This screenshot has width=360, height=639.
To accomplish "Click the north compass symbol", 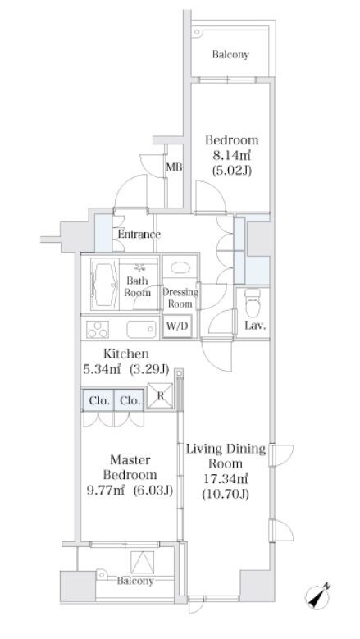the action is (x=319, y=596).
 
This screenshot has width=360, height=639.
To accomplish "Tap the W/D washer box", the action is (x=179, y=326).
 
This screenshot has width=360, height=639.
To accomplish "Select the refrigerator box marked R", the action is (x=160, y=395).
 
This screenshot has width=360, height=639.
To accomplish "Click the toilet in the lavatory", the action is (x=253, y=303).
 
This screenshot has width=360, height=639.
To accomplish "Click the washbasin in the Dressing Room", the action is (x=180, y=267).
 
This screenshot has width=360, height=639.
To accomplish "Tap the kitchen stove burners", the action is (x=98, y=329).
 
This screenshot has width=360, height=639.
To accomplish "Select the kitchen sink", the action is (x=141, y=329).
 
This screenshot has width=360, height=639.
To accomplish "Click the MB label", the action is (x=174, y=167).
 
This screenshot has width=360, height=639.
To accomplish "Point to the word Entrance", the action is (x=139, y=235).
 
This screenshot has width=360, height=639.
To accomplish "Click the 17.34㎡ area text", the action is (x=226, y=478).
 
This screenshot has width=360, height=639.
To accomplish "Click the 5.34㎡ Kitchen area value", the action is (x=102, y=369).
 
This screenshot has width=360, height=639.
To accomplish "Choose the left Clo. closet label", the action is (x=99, y=401).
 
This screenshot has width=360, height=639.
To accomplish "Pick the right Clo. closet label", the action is (x=130, y=401).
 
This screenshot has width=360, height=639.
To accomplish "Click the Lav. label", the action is (x=256, y=326).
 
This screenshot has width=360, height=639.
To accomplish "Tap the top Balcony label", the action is (x=230, y=55).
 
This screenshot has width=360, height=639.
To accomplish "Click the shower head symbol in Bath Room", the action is (x=140, y=267).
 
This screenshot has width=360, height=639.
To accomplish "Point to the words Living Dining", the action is (x=226, y=449).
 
